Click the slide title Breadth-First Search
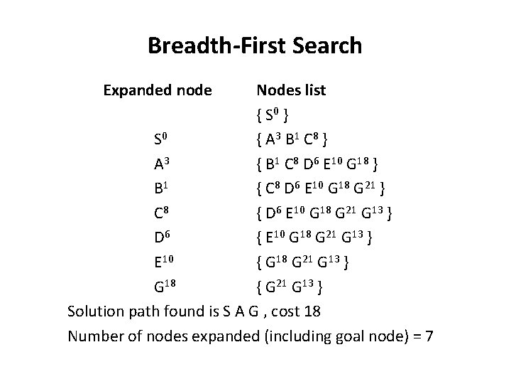pos(255,46)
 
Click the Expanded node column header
pos(157,90)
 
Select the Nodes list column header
pos(291,90)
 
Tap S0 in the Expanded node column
pos(160,137)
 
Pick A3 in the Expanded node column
pos(161,164)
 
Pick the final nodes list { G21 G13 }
pos(291,287)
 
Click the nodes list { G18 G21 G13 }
pos(307,262)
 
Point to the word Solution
pos(95,311)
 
